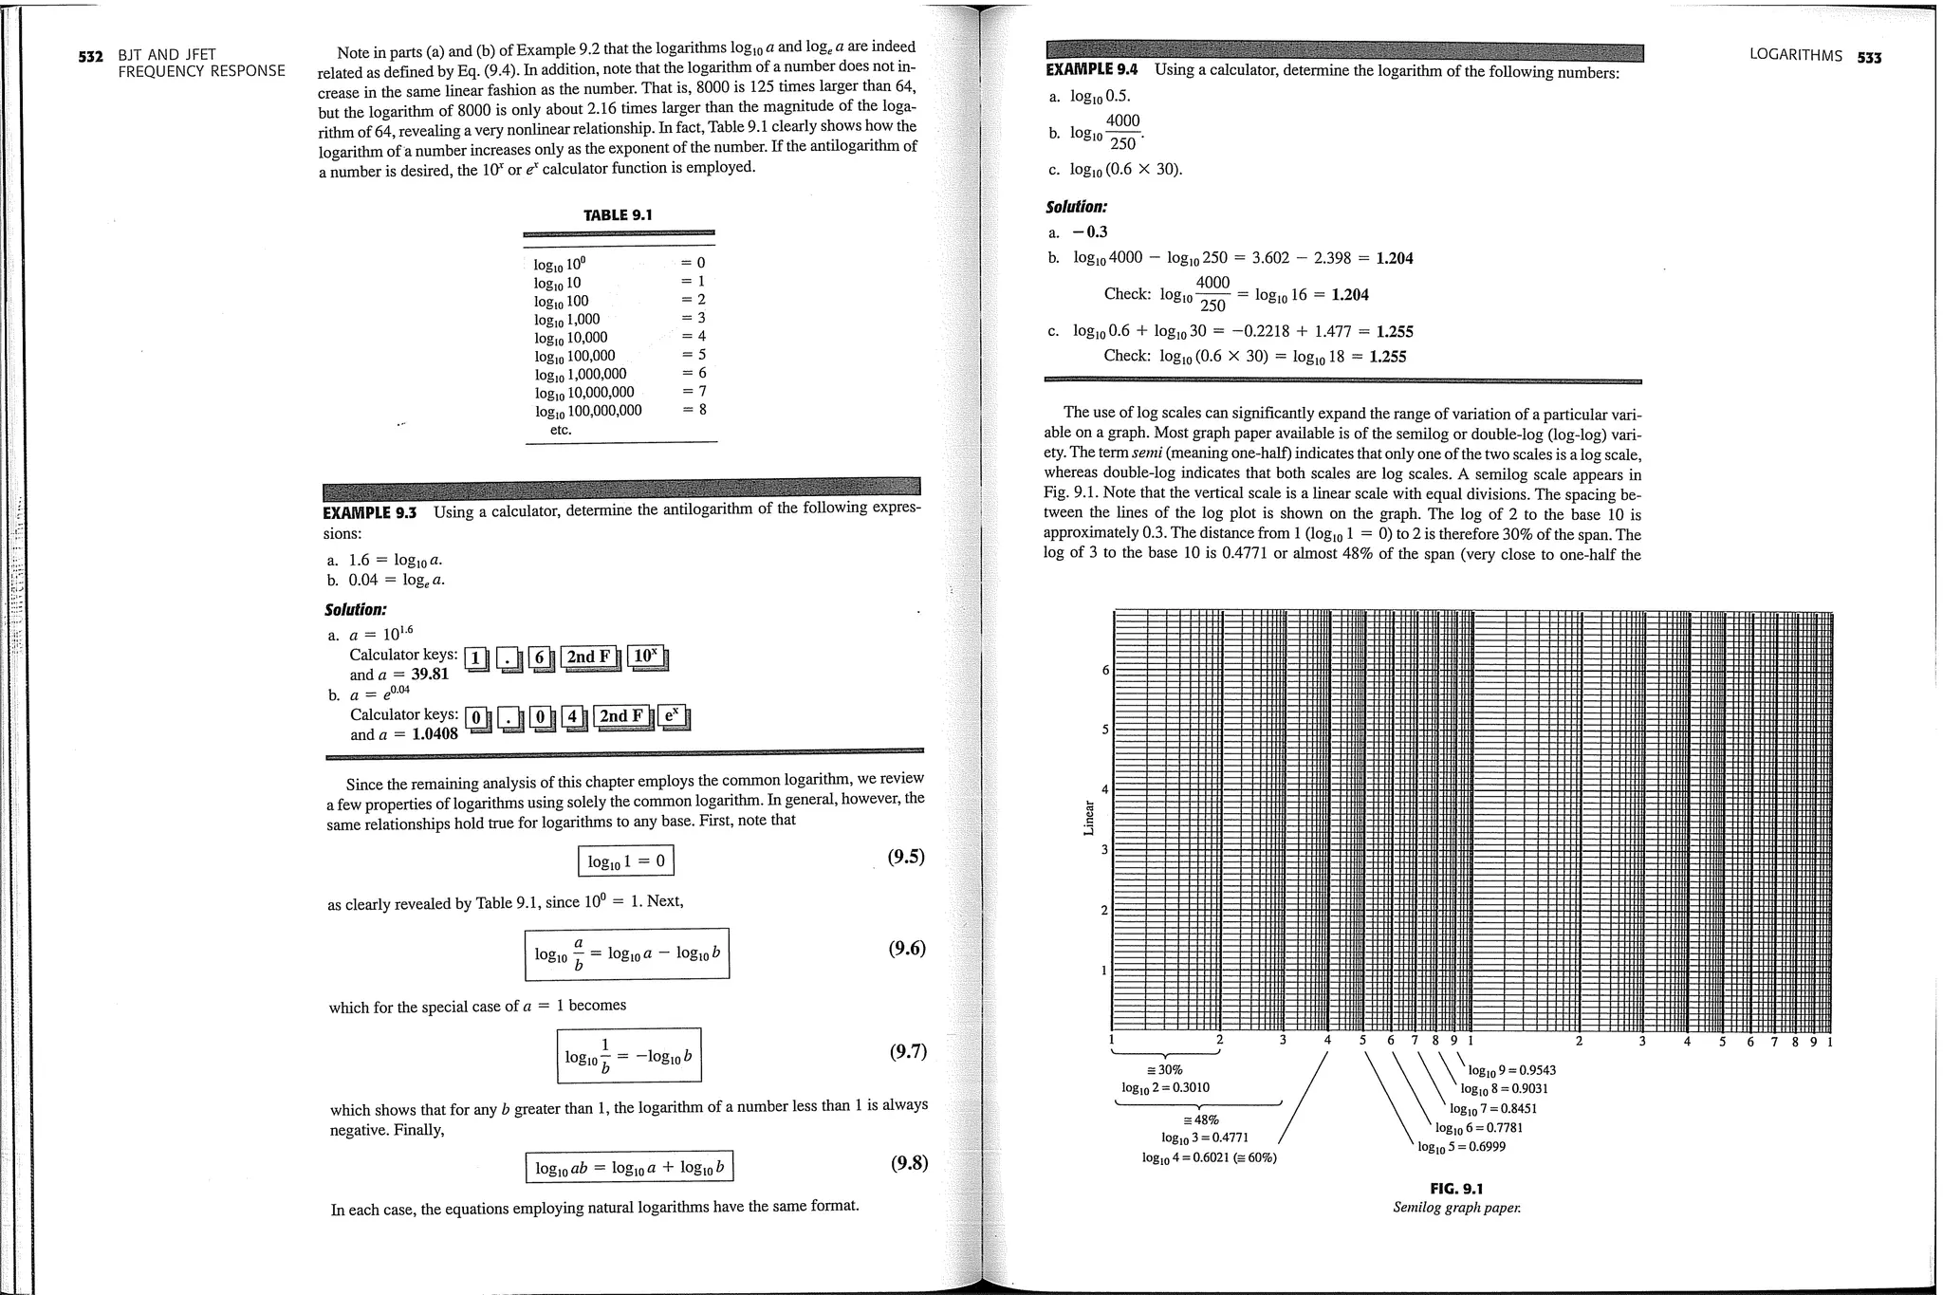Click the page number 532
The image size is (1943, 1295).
click(x=90, y=56)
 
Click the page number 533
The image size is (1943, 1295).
click(x=1869, y=57)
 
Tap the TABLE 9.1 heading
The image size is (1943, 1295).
click(x=618, y=215)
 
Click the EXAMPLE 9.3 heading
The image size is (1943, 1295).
click(x=370, y=512)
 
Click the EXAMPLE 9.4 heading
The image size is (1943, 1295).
click(x=1091, y=69)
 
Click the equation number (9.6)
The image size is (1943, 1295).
click(x=906, y=949)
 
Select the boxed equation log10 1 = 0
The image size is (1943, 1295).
click(x=626, y=860)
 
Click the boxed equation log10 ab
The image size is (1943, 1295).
click(x=629, y=1167)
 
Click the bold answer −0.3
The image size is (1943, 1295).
click(x=1090, y=232)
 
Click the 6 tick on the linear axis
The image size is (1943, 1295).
click(x=1104, y=670)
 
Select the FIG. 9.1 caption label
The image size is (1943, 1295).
click(x=1455, y=1189)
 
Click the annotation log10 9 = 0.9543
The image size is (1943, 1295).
click(x=1512, y=1070)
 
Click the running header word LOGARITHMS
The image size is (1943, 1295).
click(x=1795, y=56)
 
